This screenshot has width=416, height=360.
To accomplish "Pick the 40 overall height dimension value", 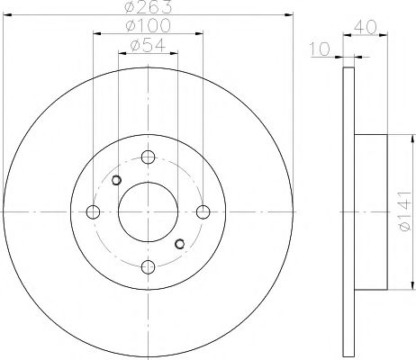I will point(365,27).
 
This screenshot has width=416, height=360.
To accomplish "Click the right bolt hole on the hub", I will point(203,212).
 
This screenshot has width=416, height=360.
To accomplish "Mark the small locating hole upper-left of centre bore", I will point(116,182).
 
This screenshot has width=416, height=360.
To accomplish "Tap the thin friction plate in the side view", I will point(349,212).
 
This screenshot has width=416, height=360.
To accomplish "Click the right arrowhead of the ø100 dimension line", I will point(200,34).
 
